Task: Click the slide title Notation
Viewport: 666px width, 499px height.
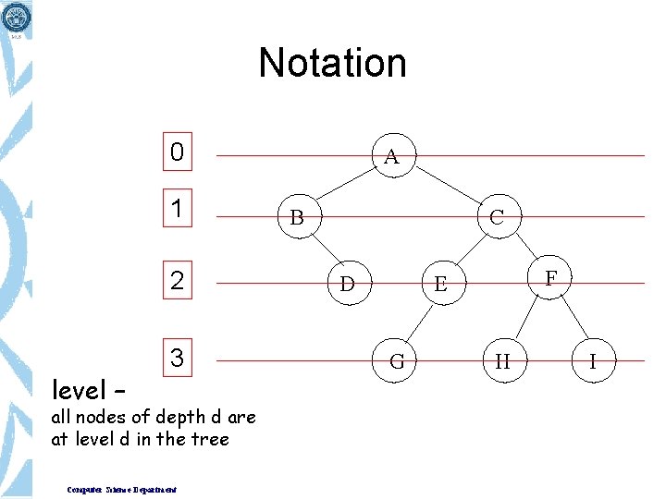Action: (x=332, y=63)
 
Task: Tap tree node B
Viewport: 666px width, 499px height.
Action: (x=296, y=218)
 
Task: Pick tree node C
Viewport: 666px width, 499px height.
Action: (x=497, y=217)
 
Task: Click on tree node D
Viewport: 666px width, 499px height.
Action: (x=347, y=283)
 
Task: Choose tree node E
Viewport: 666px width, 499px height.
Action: (x=440, y=284)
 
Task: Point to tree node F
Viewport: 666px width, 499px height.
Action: (x=551, y=277)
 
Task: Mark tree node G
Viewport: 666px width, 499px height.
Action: (x=397, y=361)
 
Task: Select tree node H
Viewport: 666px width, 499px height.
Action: (x=502, y=361)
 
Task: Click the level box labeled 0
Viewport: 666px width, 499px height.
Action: (x=177, y=152)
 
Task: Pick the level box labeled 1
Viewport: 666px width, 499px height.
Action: (x=177, y=210)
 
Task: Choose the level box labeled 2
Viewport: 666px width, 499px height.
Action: (x=177, y=280)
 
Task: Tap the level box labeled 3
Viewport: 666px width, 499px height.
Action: (x=177, y=357)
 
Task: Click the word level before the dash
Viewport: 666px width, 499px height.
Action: (x=78, y=386)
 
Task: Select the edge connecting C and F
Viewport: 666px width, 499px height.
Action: (x=525, y=248)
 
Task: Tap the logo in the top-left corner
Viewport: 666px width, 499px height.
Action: (x=17, y=17)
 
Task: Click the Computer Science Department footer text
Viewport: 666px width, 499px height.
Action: (x=123, y=489)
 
